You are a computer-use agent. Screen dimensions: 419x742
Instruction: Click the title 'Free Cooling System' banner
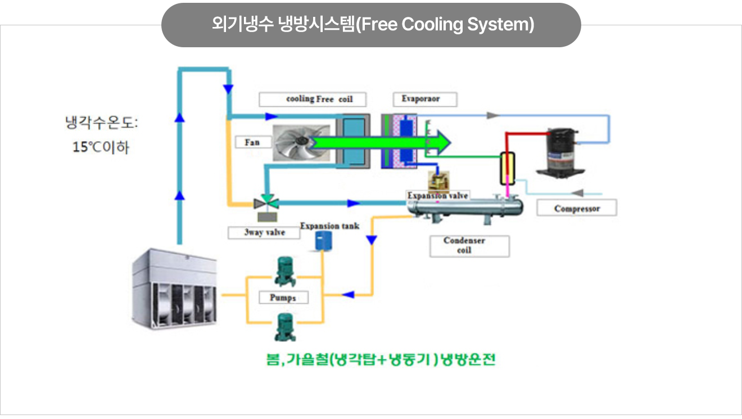pyautogui.click(x=371, y=25)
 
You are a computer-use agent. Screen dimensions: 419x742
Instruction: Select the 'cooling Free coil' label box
pyautogui.click(x=313, y=100)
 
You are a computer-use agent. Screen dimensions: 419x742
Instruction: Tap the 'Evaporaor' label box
pyautogui.click(x=425, y=100)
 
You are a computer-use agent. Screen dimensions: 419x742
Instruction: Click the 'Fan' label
pyautogui.click(x=253, y=142)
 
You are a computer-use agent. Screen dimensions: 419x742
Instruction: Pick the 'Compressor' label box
pyautogui.click(x=577, y=208)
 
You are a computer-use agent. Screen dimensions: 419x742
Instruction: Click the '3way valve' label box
pyautogui.click(x=264, y=232)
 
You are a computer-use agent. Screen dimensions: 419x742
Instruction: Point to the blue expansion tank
pyautogui.click(x=323, y=242)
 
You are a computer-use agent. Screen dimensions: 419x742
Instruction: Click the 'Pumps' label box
pyautogui.click(x=283, y=297)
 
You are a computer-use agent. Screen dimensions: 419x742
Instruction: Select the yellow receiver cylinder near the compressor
pyautogui.click(x=508, y=168)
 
